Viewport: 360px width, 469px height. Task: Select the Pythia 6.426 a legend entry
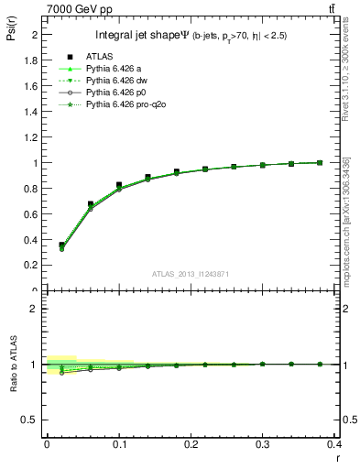tap(116, 69)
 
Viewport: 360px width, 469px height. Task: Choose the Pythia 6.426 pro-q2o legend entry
tap(125, 107)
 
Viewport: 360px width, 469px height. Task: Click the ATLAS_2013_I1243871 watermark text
tap(191, 275)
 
